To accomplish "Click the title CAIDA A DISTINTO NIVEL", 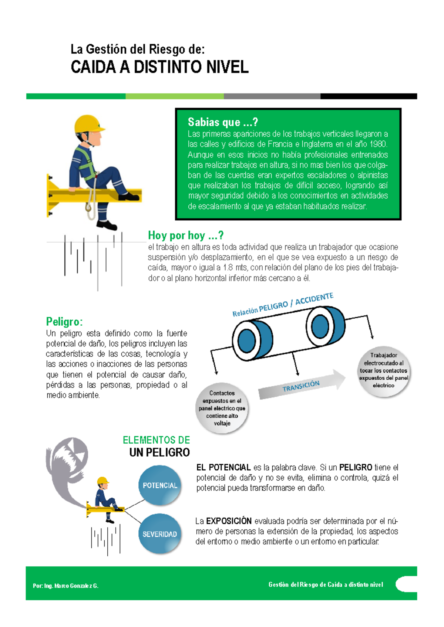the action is pyautogui.click(x=160, y=67).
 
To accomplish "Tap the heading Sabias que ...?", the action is pyautogui.click(x=223, y=122).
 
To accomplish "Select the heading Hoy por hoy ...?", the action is pyautogui.click(x=186, y=235).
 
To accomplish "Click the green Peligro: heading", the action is pyautogui.click(x=64, y=322).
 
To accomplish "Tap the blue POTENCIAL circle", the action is pyautogui.click(x=160, y=485).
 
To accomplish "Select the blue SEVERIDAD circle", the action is pyautogui.click(x=160, y=534).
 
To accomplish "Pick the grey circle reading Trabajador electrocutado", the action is pyautogui.click(x=383, y=370).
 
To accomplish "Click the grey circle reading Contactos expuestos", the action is pyautogui.click(x=222, y=408).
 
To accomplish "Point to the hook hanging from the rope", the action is pyautogui.click(x=88, y=207).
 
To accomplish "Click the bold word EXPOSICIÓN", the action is pyautogui.click(x=229, y=521).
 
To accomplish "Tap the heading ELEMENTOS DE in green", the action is pyautogui.click(x=156, y=440).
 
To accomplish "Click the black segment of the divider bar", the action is pyautogui.click(x=369, y=96).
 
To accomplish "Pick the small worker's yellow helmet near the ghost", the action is pyautogui.click(x=102, y=481).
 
